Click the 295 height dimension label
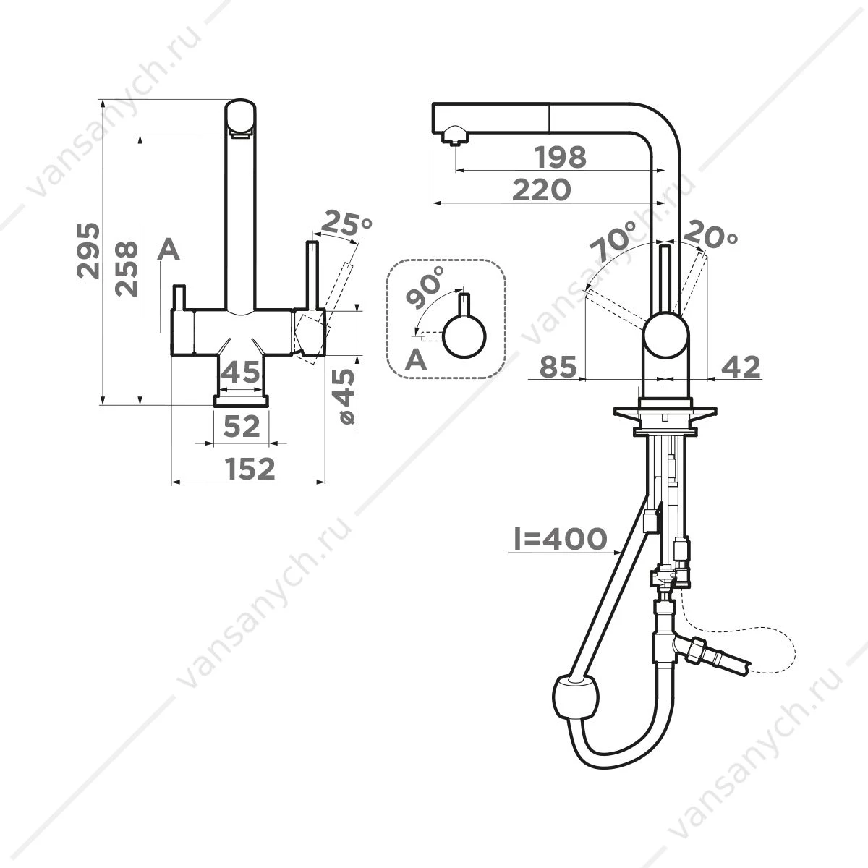click(x=88, y=250)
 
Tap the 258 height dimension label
click(x=126, y=268)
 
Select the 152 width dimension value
click(x=250, y=469)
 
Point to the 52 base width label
click(x=242, y=426)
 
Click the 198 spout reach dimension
click(x=561, y=157)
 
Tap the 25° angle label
click(x=346, y=222)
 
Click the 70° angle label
click(x=614, y=241)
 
